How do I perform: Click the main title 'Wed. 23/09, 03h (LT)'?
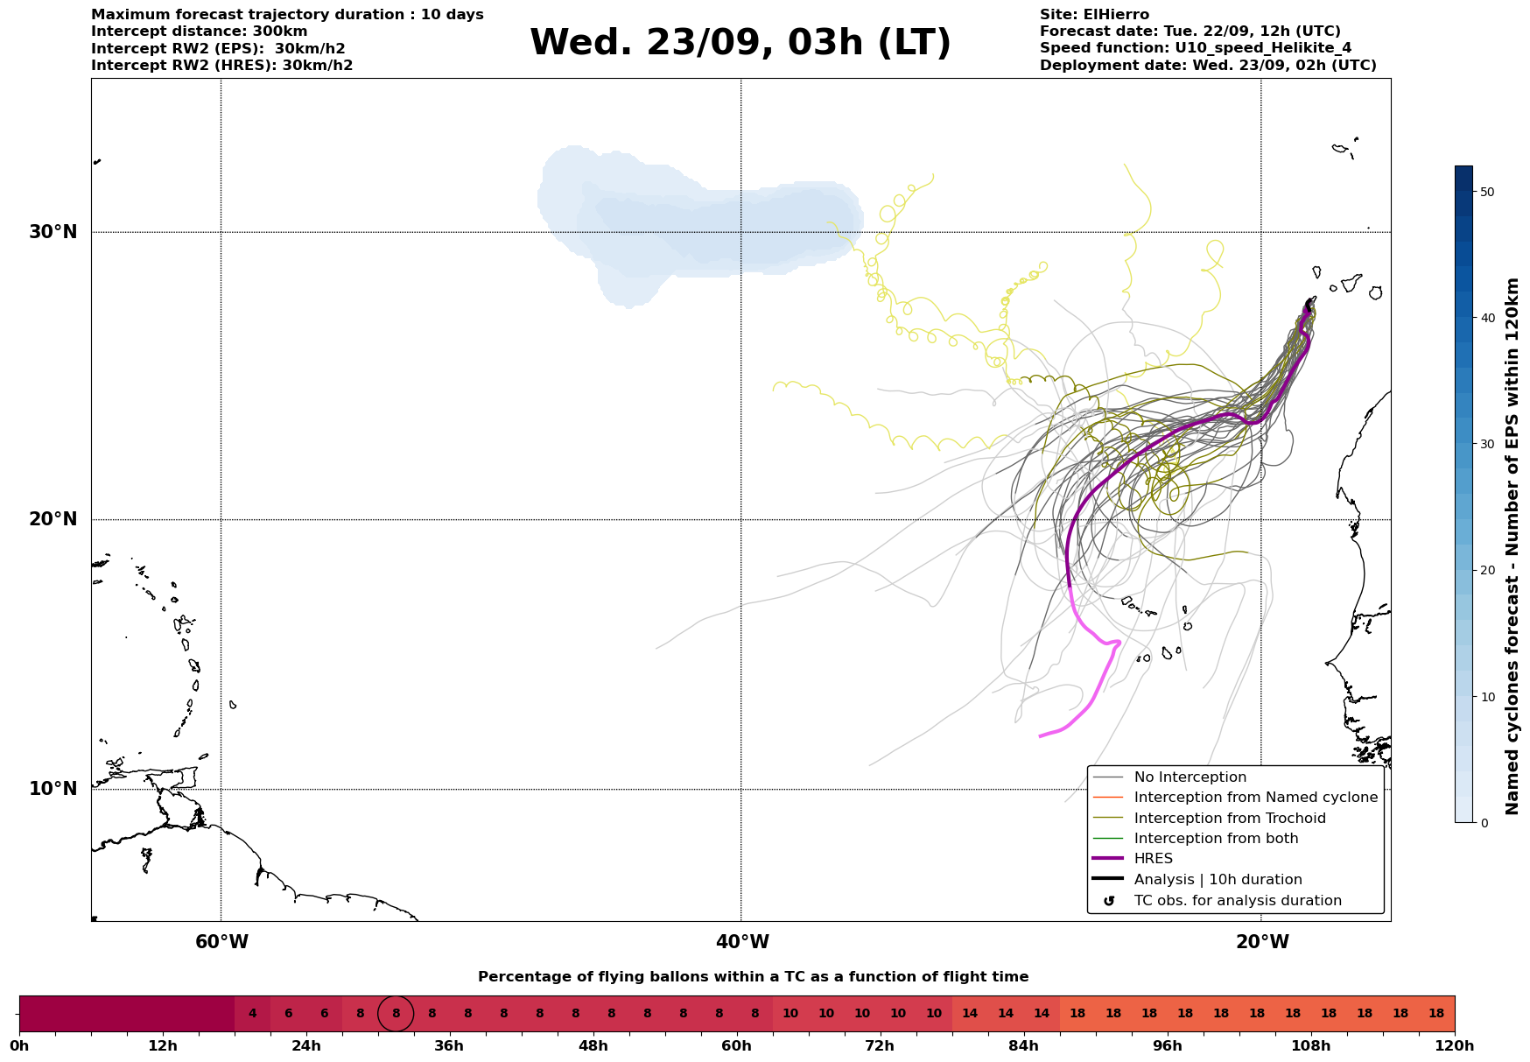click(x=740, y=42)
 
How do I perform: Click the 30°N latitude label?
click(x=53, y=232)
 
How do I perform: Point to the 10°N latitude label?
click(x=53, y=789)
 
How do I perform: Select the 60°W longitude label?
click(x=221, y=942)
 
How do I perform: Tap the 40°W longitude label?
click(x=742, y=942)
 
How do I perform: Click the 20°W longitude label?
click(x=1262, y=942)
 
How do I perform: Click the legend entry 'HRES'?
click(x=1153, y=859)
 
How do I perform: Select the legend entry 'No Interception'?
click(x=1190, y=777)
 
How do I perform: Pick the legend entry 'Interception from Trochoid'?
click(x=1230, y=819)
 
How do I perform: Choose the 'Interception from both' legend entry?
click(x=1216, y=839)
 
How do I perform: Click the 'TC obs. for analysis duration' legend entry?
click(x=1238, y=901)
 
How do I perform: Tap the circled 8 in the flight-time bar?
click(x=396, y=1014)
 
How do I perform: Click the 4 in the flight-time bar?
click(x=252, y=1014)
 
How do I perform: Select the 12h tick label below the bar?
click(x=163, y=1046)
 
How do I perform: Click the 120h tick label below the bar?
click(x=1455, y=1046)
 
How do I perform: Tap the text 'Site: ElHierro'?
click(x=1094, y=15)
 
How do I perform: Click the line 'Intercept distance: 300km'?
click(x=200, y=32)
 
